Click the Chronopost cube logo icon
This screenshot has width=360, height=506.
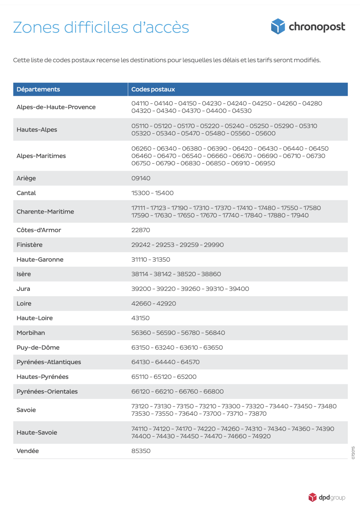[278, 26]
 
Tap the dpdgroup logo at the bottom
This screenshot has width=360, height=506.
[327, 497]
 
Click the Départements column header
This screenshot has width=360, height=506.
[38, 89]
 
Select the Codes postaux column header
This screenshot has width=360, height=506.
[153, 89]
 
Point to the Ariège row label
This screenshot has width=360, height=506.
[26, 178]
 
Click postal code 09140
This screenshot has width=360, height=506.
[141, 178]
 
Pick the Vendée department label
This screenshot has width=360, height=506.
[28, 451]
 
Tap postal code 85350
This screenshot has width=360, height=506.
[141, 451]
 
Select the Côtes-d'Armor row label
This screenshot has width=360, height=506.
[39, 230]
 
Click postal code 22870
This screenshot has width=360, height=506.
[140, 230]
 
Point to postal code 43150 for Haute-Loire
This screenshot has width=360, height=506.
[140, 318]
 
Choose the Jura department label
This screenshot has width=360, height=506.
[23, 289]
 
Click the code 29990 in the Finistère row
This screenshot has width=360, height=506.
[214, 245]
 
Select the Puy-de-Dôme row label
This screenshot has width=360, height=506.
[38, 347]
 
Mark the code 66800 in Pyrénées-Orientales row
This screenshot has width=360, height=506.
[213, 391]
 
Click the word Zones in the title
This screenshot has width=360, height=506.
[36, 27]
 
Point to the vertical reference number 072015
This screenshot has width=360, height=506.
[353, 453]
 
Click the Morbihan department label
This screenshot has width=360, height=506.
[31, 333]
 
